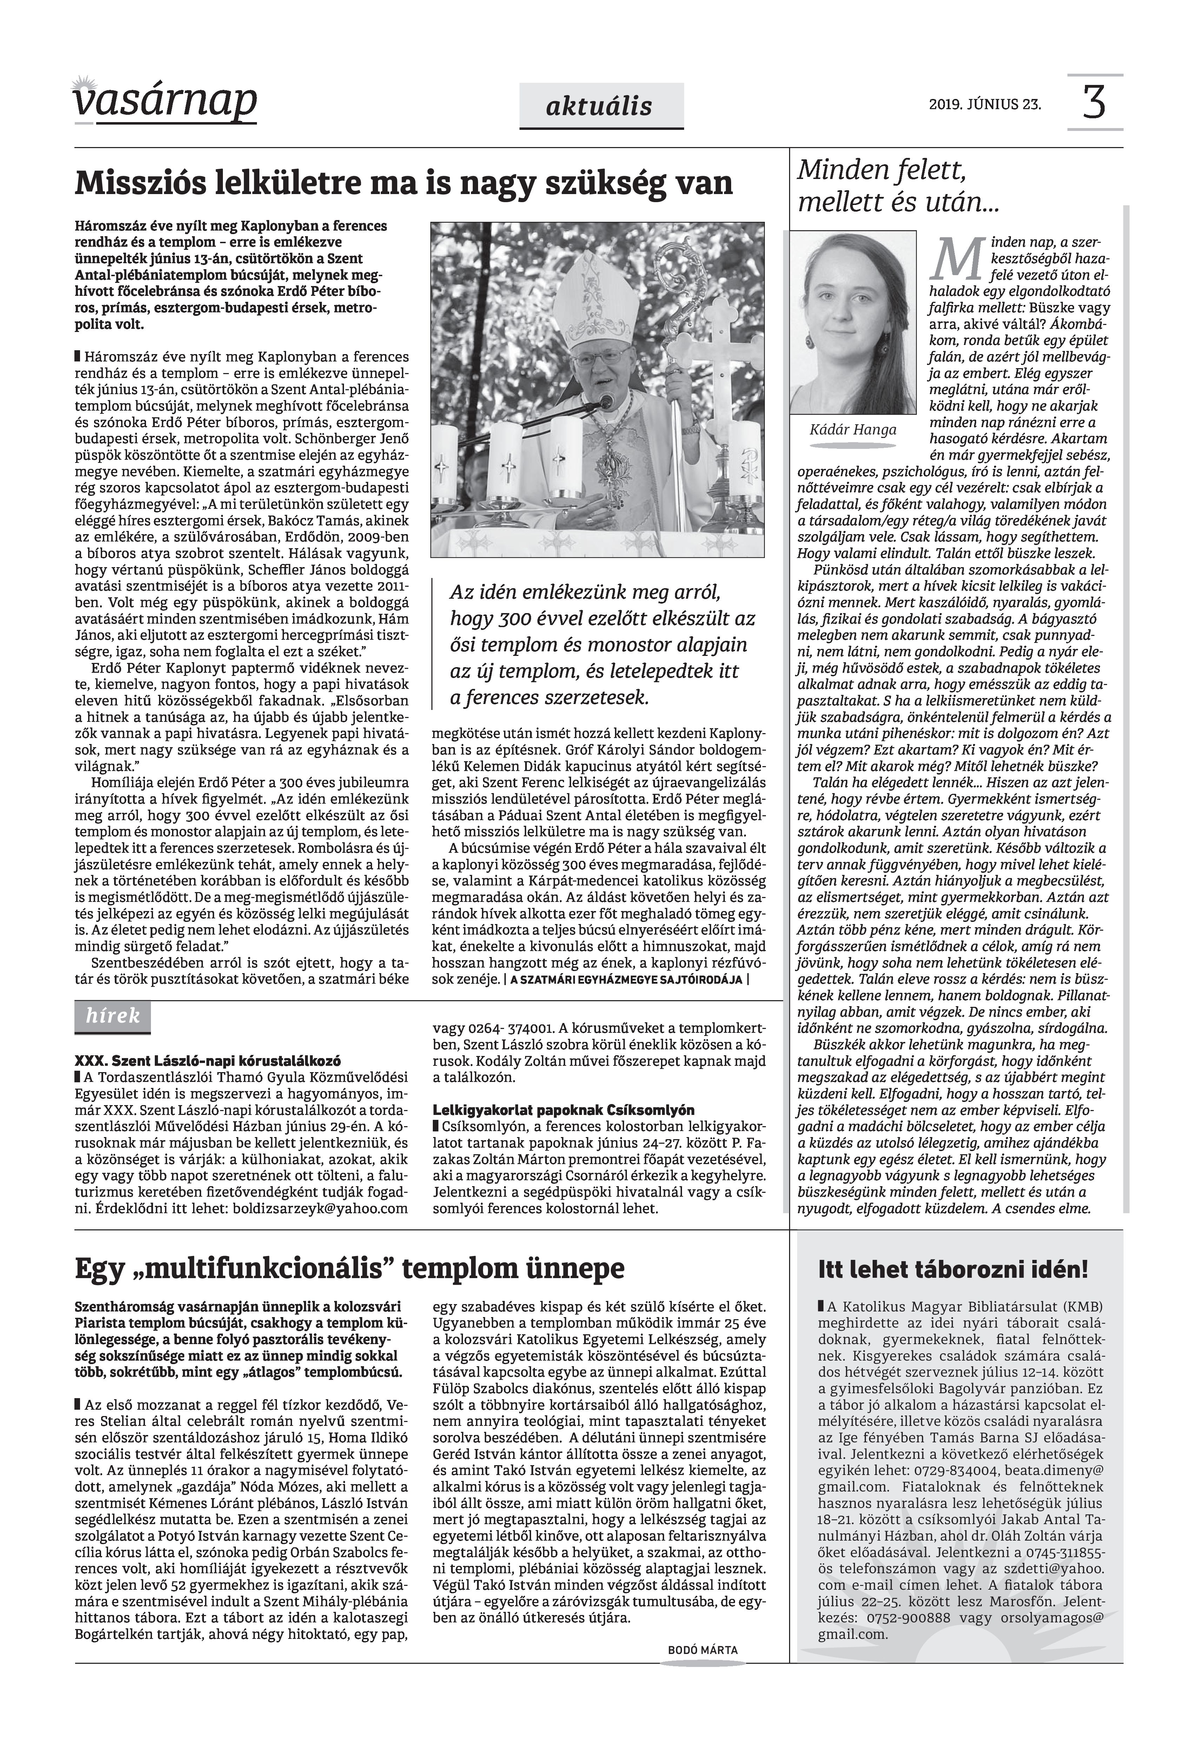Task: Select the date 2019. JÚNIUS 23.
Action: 985,105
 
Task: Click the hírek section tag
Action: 113,1016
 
